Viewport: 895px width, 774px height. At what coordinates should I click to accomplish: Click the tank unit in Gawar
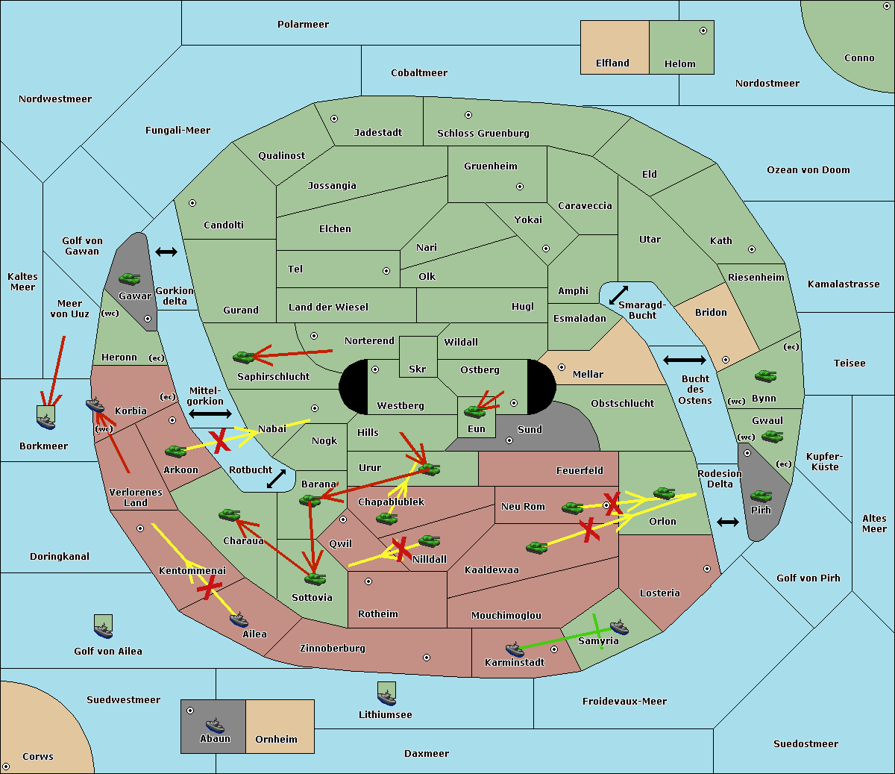pyautogui.click(x=130, y=279)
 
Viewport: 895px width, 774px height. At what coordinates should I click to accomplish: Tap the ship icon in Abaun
pyautogui.click(x=215, y=725)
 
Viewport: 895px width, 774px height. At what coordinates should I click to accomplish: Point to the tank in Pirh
pyautogui.click(x=761, y=496)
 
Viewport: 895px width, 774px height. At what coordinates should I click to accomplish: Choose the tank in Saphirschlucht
pyautogui.click(x=244, y=358)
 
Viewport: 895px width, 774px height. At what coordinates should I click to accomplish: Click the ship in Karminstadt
pyautogui.click(x=515, y=649)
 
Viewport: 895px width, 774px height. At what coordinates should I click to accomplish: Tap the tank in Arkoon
pyautogui.click(x=175, y=451)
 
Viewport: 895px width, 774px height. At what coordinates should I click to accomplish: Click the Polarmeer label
pyautogui.click(x=303, y=25)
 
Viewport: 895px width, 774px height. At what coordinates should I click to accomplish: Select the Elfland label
pyautogui.click(x=612, y=63)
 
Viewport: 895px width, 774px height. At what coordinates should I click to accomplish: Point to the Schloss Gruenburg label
pyautogui.click(x=483, y=134)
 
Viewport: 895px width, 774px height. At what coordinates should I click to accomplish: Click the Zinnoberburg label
pyautogui.click(x=332, y=649)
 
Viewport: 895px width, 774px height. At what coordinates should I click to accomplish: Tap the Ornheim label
pyautogui.click(x=276, y=740)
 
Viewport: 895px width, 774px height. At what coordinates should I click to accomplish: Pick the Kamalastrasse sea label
pyautogui.click(x=843, y=284)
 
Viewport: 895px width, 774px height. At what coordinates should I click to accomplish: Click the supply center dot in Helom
pyautogui.click(x=703, y=31)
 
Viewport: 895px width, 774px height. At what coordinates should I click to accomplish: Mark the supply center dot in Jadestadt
pyautogui.click(x=334, y=118)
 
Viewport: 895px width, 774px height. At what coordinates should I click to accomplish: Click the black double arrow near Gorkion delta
pyautogui.click(x=166, y=252)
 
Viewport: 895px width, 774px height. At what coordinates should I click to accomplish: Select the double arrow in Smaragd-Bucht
pyautogui.click(x=618, y=296)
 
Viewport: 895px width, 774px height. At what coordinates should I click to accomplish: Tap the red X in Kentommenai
pyautogui.click(x=210, y=587)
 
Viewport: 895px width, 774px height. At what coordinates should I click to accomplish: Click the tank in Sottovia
pyautogui.click(x=315, y=578)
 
